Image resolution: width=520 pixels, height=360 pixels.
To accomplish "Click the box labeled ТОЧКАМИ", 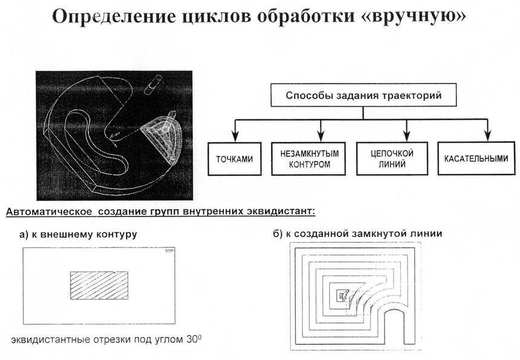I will tap(234, 159).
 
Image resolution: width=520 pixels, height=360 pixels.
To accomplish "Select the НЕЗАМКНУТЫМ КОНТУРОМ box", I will tap(308, 159).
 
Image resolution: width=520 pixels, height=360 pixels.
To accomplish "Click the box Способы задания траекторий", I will tap(363, 96).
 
